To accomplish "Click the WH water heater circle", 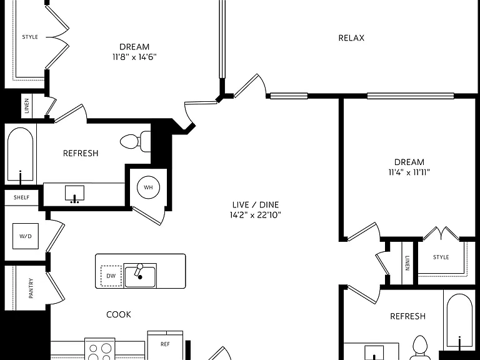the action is (148, 187).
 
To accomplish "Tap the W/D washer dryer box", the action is (26, 236).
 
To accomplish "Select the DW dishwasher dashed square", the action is (111, 276).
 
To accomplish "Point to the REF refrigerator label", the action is (165, 344).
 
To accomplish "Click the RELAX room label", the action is (351, 38).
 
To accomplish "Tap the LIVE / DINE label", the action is (255, 204).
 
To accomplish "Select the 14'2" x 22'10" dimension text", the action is (255, 215).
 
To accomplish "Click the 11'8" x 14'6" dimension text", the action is (134, 57).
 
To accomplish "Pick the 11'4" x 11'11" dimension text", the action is (409, 172).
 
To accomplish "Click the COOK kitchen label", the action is (119, 314).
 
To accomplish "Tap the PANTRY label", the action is (31, 288).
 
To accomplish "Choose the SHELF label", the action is (21, 197).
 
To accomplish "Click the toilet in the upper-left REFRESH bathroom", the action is (136, 141).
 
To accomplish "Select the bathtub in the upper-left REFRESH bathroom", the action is (20, 154).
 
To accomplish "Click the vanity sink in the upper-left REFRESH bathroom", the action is (74, 194).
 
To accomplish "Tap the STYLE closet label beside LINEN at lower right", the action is (441, 257).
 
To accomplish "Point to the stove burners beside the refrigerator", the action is (100, 351).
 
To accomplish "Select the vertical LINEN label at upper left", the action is (27, 106).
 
